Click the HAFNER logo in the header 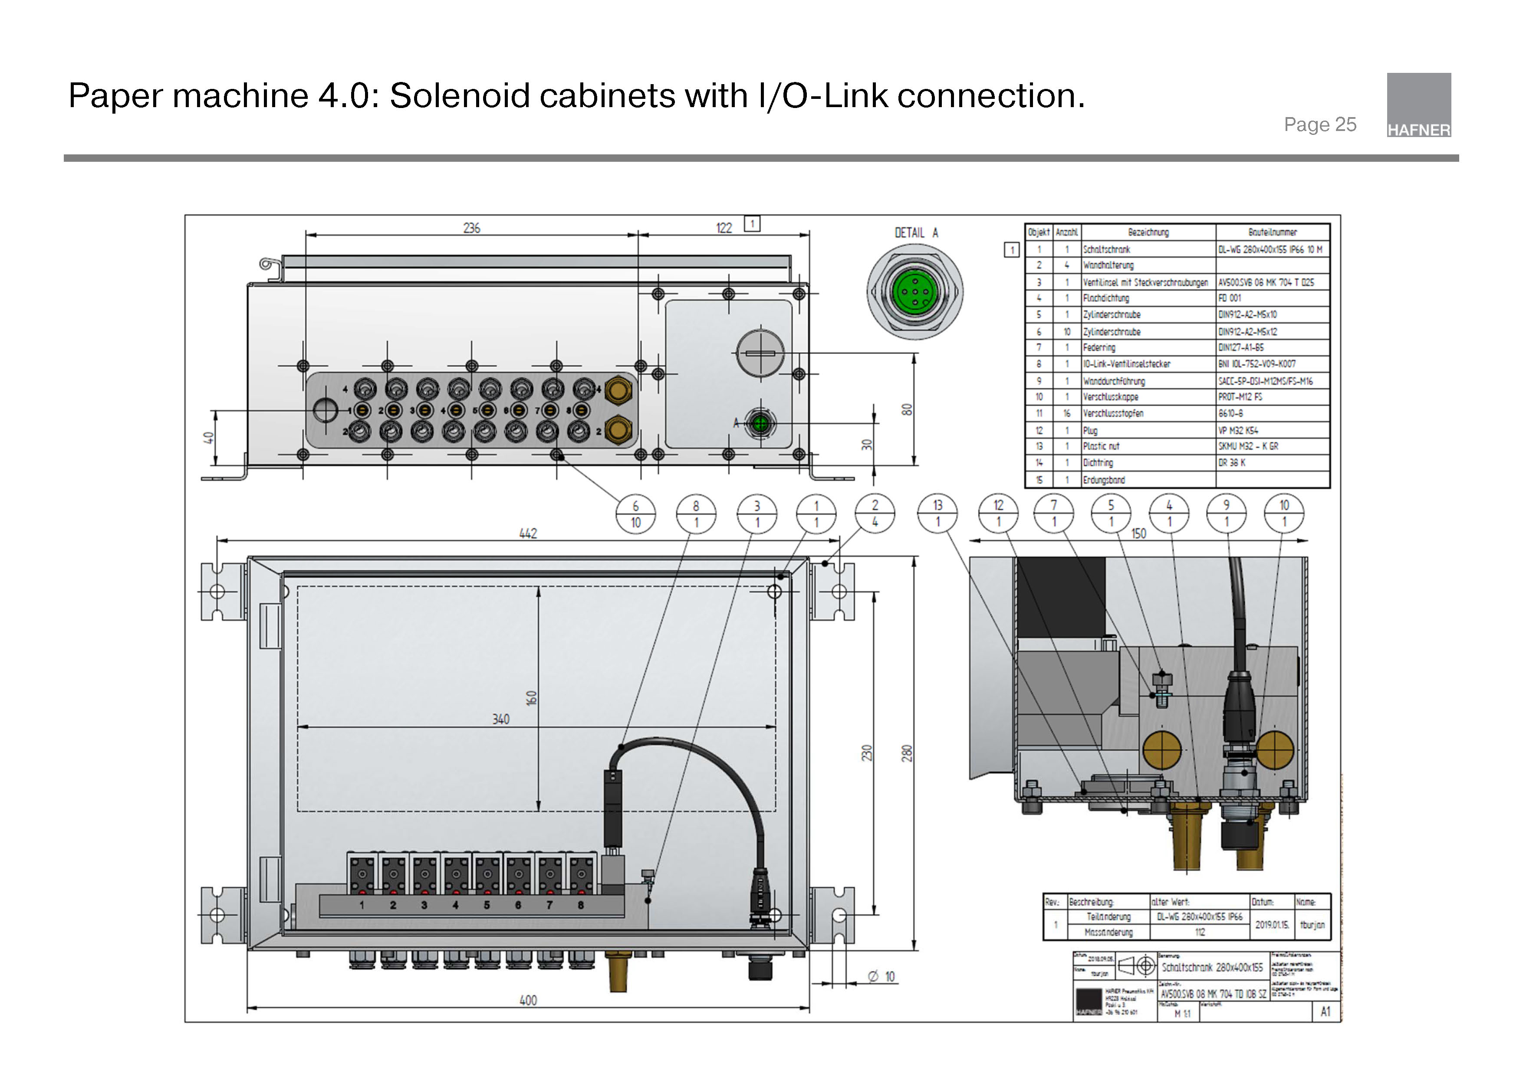click(1418, 105)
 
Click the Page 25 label click(1319, 124)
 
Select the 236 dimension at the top click(472, 228)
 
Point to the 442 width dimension click(528, 533)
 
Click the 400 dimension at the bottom click(528, 1000)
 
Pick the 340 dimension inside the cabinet click(501, 720)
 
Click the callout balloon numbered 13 click(937, 513)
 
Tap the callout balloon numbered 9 click(1226, 513)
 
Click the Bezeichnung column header click(1148, 232)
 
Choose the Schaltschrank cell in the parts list click(1106, 249)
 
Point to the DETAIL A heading click(916, 233)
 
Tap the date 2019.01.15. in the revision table click(1272, 924)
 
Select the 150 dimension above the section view click(1138, 534)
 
